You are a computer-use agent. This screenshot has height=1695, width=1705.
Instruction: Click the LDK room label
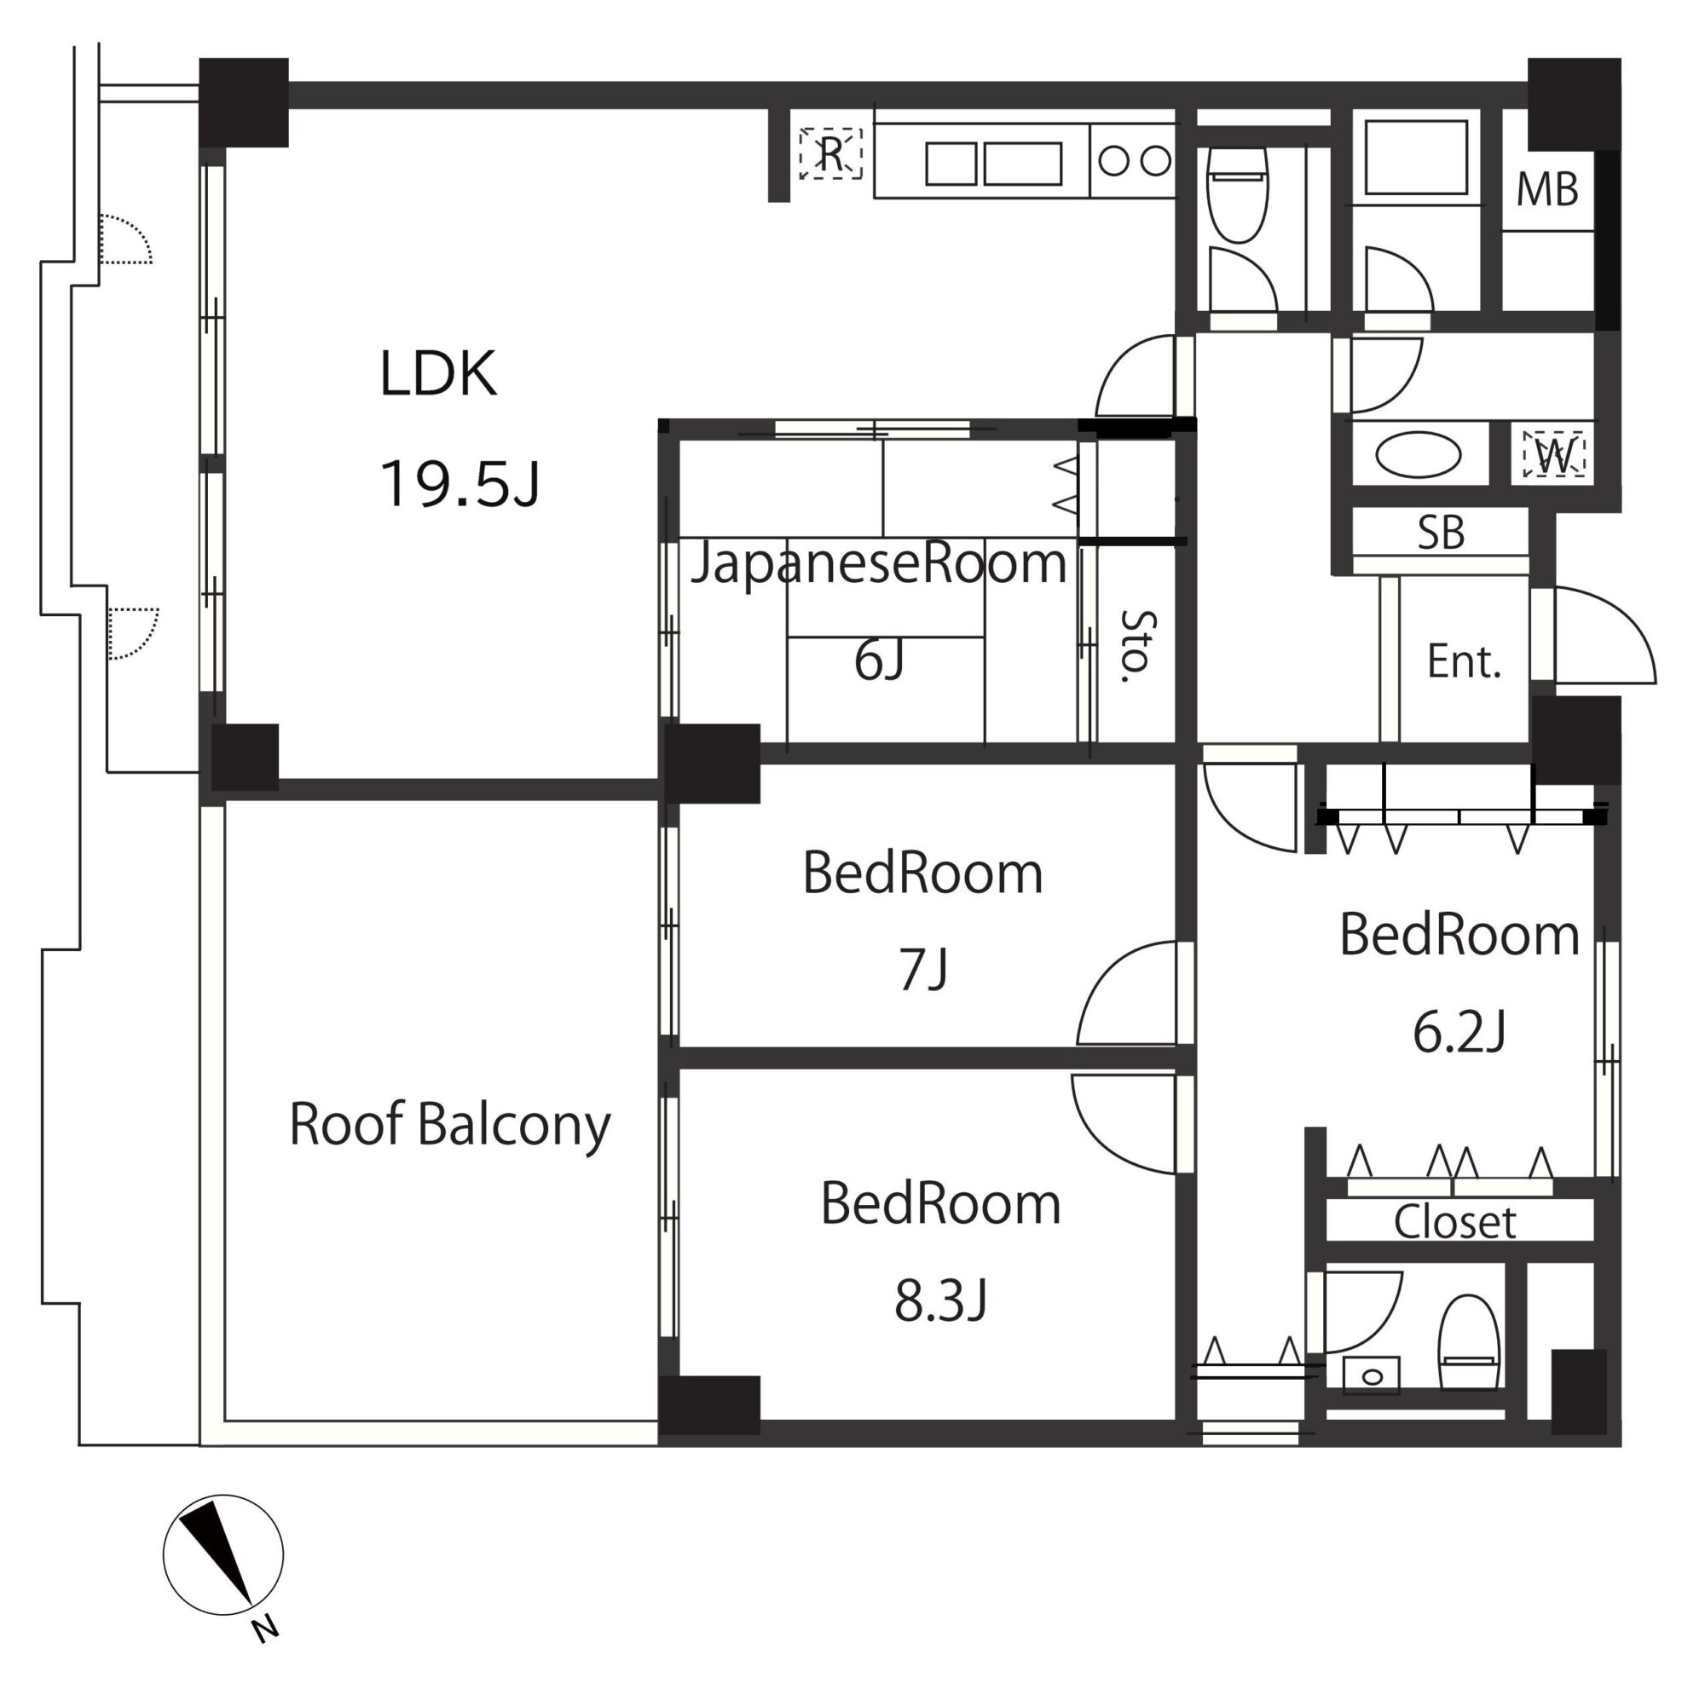click(437, 373)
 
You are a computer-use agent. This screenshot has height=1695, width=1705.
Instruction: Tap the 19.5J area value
click(459, 483)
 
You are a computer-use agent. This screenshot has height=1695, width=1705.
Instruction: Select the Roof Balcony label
click(450, 1127)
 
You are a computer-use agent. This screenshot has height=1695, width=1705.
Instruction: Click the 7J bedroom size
click(923, 968)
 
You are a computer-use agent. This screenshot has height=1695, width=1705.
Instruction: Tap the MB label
click(1547, 190)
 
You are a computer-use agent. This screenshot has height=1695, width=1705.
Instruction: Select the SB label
click(1441, 532)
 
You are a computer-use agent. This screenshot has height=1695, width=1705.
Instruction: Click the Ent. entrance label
click(1464, 662)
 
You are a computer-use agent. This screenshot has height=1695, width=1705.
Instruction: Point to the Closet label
click(1454, 1223)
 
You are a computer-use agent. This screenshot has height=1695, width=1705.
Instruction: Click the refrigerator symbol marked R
click(830, 153)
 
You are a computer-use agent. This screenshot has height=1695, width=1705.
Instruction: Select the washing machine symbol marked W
click(1553, 453)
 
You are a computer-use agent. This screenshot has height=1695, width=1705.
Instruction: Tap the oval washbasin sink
click(1419, 454)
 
